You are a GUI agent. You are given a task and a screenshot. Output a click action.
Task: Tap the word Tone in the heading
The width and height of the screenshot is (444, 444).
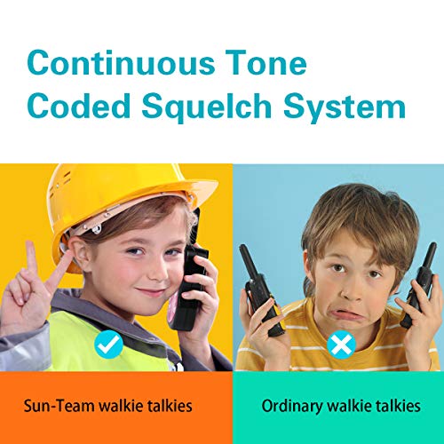click(x=266, y=64)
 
